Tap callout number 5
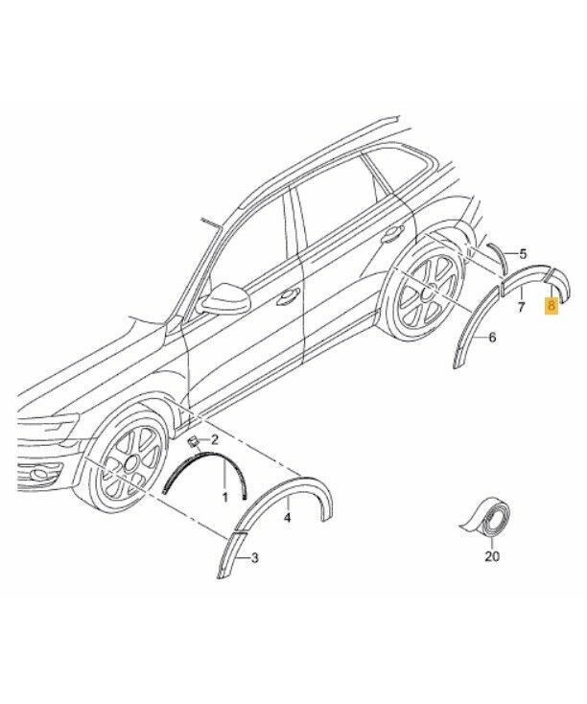click(523, 254)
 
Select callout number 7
click(522, 308)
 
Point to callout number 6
click(492, 338)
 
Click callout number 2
click(214, 439)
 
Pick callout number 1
click(224, 497)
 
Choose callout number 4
click(288, 518)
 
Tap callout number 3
click(254, 558)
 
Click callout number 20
click(492, 556)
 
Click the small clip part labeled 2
click(193, 442)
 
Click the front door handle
click(288, 295)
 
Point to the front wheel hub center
click(132, 462)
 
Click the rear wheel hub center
click(427, 293)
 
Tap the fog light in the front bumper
click(39, 474)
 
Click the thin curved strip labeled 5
click(498, 259)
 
